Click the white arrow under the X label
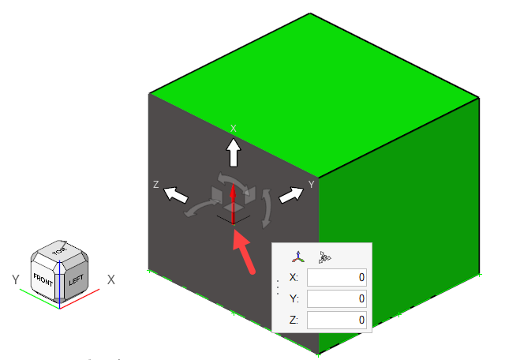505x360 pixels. point(234,153)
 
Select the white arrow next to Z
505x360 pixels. point(176,195)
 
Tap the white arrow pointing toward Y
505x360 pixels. point(291,195)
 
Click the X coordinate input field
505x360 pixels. point(337,277)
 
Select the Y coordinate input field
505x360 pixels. point(337,298)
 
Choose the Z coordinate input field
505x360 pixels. point(337,320)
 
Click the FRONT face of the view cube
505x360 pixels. point(43,279)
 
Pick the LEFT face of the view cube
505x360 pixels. point(77,279)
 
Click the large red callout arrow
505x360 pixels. point(243,252)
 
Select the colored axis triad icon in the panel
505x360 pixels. point(298,257)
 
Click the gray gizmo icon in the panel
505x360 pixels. point(324,257)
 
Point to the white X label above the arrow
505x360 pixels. point(234,129)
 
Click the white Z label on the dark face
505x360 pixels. point(156,185)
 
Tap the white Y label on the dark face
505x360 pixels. point(311,185)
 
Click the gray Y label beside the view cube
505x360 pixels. point(16,279)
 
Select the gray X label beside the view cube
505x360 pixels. point(110,279)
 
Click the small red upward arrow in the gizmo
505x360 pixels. point(233,203)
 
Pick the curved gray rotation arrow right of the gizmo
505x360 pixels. point(267,208)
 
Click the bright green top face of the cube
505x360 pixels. point(314,95)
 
